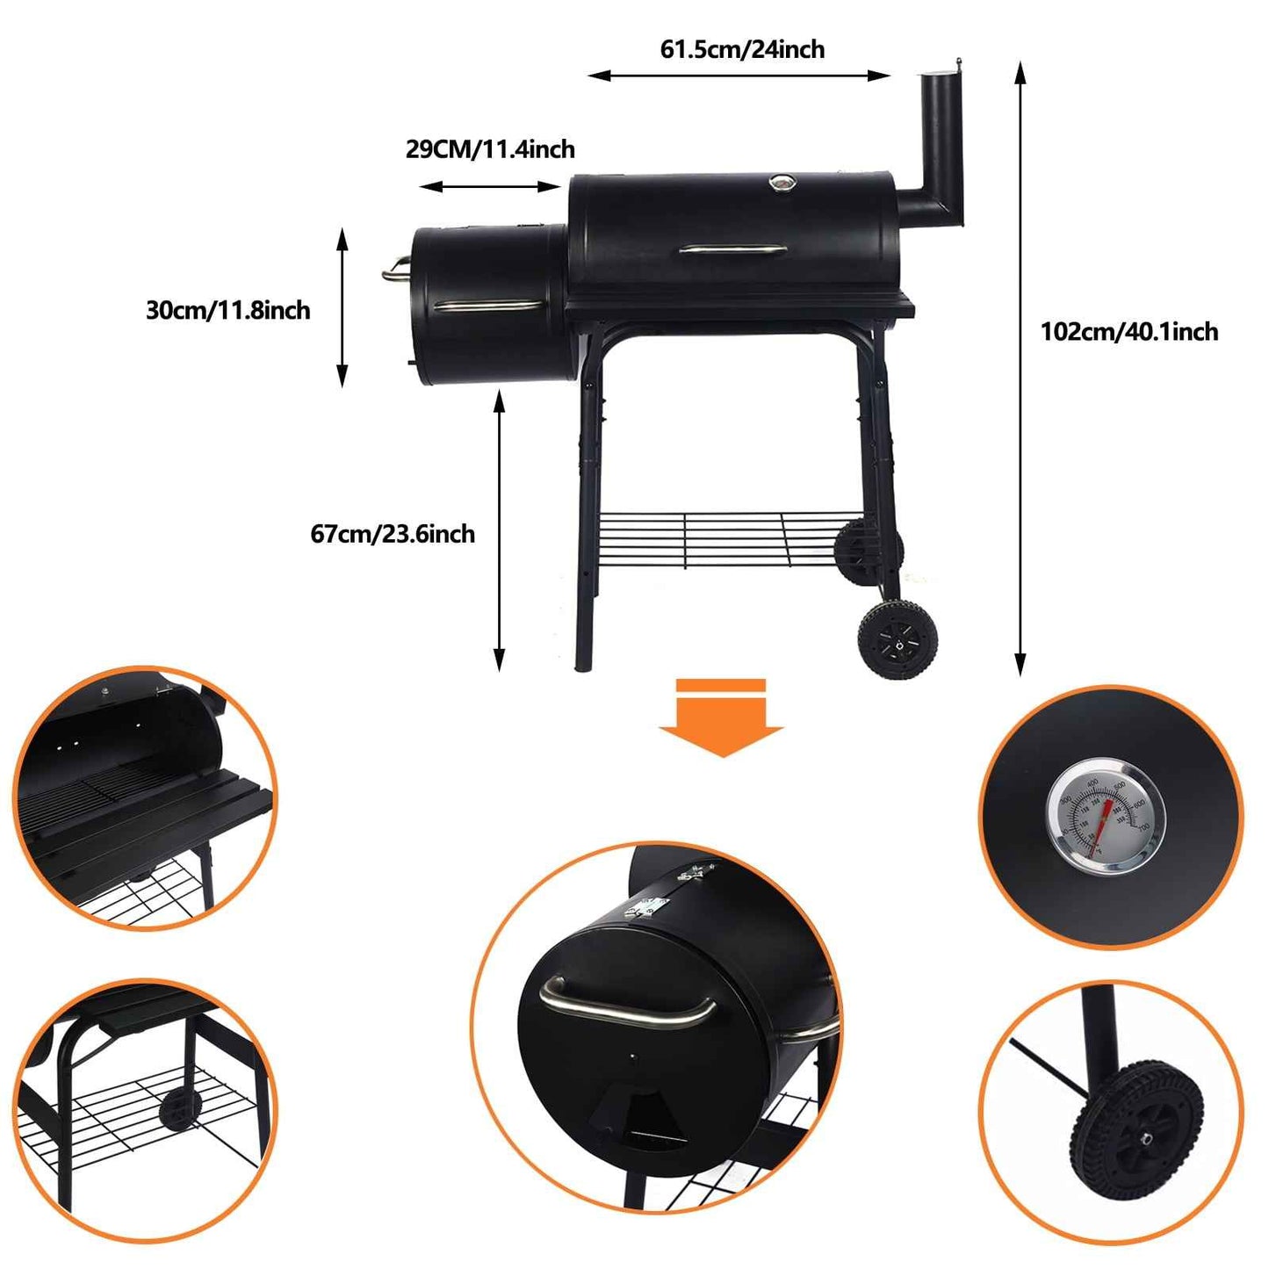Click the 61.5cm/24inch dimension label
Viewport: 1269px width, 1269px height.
click(x=742, y=49)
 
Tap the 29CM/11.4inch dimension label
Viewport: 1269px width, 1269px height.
click(x=490, y=149)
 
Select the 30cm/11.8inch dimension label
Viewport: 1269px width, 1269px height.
click(x=227, y=310)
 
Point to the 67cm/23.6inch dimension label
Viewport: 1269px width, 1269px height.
click(x=393, y=534)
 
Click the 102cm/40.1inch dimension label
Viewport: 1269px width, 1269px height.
click(x=1128, y=332)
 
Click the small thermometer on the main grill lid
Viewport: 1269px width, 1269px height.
click(x=779, y=183)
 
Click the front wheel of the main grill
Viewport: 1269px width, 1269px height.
click(x=897, y=639)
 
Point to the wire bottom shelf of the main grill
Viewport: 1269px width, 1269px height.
click(x=716, y=538)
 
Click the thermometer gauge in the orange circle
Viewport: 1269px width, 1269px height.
click(x=1104, y=817)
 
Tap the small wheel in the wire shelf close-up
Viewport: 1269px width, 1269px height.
click(x=177, y=1110)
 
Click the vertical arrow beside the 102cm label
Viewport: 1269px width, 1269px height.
click(x=1020, y=369)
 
